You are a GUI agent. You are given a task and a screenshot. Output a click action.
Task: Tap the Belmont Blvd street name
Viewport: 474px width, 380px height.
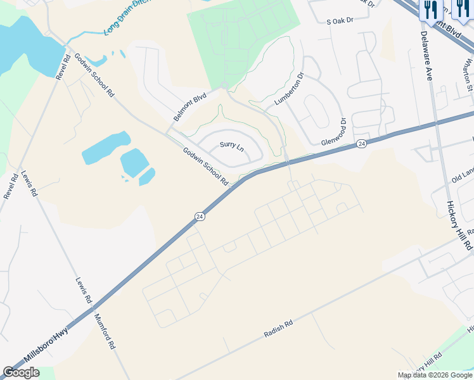pos(190,108)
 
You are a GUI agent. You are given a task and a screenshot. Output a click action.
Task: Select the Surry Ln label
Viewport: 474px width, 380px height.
pos(231,146)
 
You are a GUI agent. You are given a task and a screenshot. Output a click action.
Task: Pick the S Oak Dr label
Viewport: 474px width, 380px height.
pos(340,21)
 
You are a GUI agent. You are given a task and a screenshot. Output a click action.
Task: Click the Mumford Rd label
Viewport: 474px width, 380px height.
pos(105,332)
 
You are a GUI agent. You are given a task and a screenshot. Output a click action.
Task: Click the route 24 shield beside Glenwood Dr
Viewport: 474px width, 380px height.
pos(361,144)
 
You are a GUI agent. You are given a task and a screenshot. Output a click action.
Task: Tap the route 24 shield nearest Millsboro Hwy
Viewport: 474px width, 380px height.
pos(200,217)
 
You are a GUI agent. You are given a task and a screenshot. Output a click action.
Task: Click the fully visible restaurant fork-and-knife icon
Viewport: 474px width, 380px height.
pos(430,9)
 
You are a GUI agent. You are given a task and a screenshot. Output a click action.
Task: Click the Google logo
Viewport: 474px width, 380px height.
pos(21,372)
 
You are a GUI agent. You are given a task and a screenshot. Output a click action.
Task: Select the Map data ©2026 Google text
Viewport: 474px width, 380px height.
pos(434,375)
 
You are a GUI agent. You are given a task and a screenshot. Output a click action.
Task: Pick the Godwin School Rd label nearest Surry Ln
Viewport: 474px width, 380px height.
pos(205,167)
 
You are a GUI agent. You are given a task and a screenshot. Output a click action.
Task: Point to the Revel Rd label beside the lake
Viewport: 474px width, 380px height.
pos(62,66)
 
